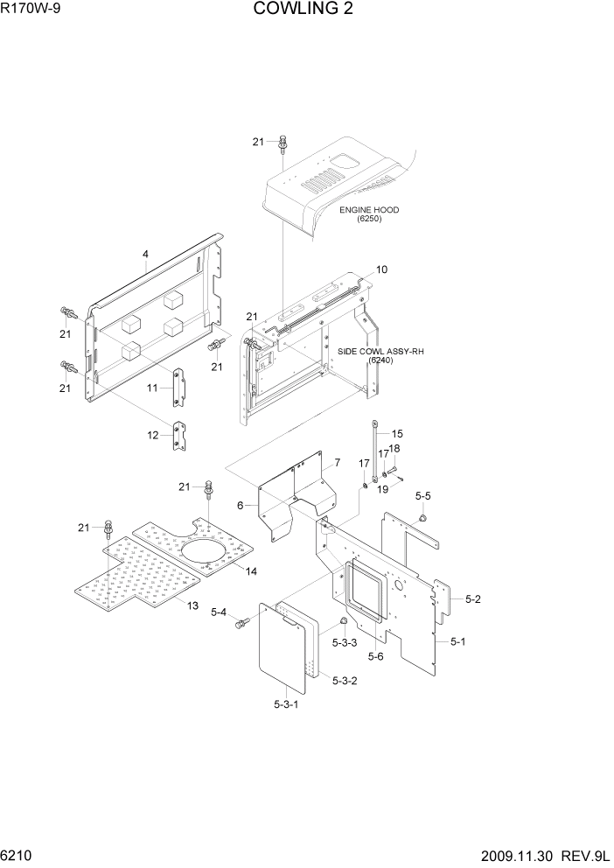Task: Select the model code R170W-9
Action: (x=31, y=10)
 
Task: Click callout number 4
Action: (x=145, y=255)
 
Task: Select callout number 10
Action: (x=381, y=269)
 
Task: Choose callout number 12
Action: (x=152, y=435)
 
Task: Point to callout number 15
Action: (x=396, y=433)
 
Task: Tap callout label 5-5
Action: (x=422, y=496)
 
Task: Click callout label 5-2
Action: (x=473, y=599)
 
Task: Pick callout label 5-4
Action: (x=219, y=612)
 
